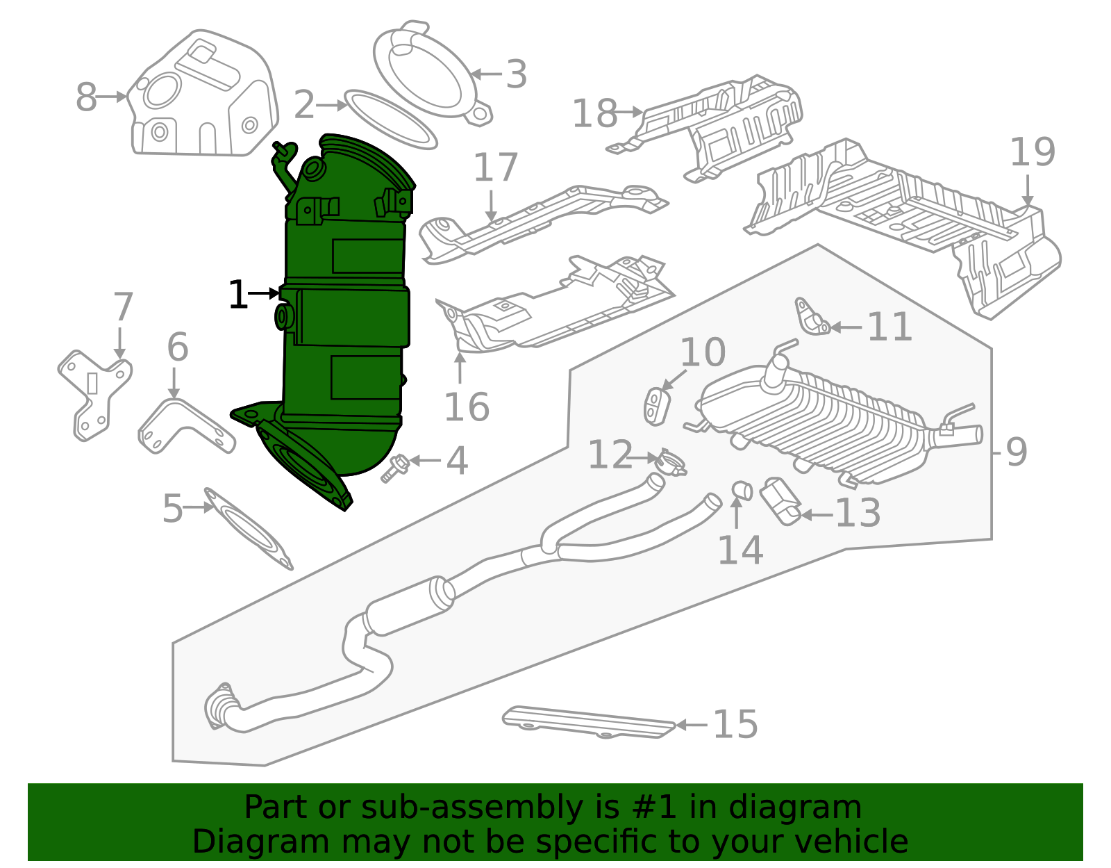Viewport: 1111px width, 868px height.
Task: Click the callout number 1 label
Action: pyautogui.click(x=237, y=295)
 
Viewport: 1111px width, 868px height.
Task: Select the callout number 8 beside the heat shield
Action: pyautogui.click(x=86, y=97)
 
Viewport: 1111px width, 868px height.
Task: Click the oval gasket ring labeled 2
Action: pyautogui.click(x=391, y=119)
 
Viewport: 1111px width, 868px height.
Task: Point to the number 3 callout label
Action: pyautogui.click(x=515, y=74)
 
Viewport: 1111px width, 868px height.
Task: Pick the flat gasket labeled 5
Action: pyautogui.click(x=248, y=529)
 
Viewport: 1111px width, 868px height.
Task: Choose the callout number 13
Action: pyautogui.click(x=858, y=514)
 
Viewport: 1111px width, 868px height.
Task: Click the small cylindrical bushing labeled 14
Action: pyautogui.click(x=742, y=491)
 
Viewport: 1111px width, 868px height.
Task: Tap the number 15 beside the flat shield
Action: pyautogui.click(x=735, y=724)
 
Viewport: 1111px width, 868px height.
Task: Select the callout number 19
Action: pyautogui.click(x=1032, y=152)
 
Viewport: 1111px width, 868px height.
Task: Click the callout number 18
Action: pyautogui.click(x=594, y=113)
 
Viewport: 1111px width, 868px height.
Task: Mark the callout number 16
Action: pyautogui.click(x=467, y=407)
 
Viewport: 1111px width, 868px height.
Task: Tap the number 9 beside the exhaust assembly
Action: pyautogui.click(x=1016, y=452)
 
